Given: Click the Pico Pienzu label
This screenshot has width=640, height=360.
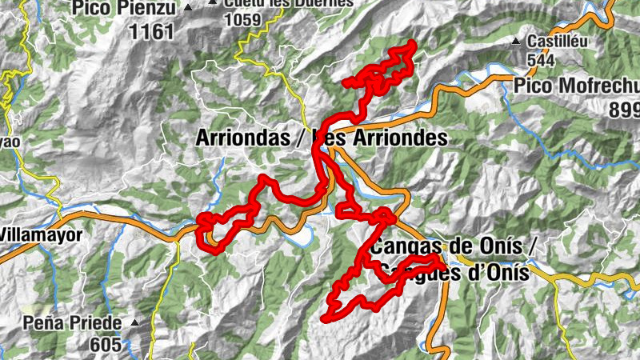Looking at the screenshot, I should [x=126, y=9].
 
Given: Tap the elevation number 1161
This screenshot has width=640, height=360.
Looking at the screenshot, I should [x=150, y=31].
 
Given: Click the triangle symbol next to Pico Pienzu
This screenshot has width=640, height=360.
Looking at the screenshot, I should [x=188, y=8].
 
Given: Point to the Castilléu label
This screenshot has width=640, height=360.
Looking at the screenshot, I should [x=556, y=39].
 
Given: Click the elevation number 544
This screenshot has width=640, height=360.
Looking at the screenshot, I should [x=542, y=59].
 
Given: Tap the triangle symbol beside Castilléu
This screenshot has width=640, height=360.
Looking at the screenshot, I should [x=518, y=40].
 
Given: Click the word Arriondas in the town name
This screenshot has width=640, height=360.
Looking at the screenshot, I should [x=242, y=138].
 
